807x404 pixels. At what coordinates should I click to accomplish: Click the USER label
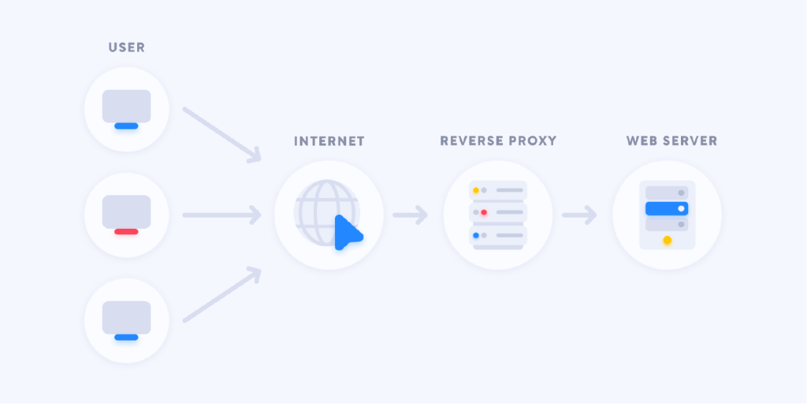(x=127, y=48)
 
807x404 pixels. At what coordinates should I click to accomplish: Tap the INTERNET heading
(x=329, y=141)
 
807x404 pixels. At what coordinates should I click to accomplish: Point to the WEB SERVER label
(x=671, y=140)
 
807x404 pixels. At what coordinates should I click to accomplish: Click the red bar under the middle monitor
(x=126, y=231)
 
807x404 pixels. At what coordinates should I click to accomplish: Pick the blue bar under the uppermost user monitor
(x=126, y=125)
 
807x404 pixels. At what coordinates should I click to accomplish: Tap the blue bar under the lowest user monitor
(x=126, y=337)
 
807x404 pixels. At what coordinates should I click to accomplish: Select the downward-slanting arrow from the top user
(x=222, y=135)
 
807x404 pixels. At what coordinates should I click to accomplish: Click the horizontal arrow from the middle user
(x=222, y=215)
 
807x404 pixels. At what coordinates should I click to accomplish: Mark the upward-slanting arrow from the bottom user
(x=222, y=294)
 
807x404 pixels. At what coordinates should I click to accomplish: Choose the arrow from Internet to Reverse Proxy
(x=410, y=215)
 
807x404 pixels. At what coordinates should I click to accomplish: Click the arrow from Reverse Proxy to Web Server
(x=579, y=215)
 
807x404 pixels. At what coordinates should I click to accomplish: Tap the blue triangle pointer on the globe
(x=348, y=233)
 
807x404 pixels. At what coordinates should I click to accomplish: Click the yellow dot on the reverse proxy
(x=476, y=190)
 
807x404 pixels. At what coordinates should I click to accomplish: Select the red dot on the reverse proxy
(x=484, y=212)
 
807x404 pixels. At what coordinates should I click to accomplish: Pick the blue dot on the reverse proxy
(x=476, y=235)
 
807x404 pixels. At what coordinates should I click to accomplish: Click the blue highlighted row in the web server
(x=667, y=208)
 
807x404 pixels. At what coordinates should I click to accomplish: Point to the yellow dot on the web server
(x=668, y=240)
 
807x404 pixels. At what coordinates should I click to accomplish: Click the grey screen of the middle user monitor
(x=127, y=211)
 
